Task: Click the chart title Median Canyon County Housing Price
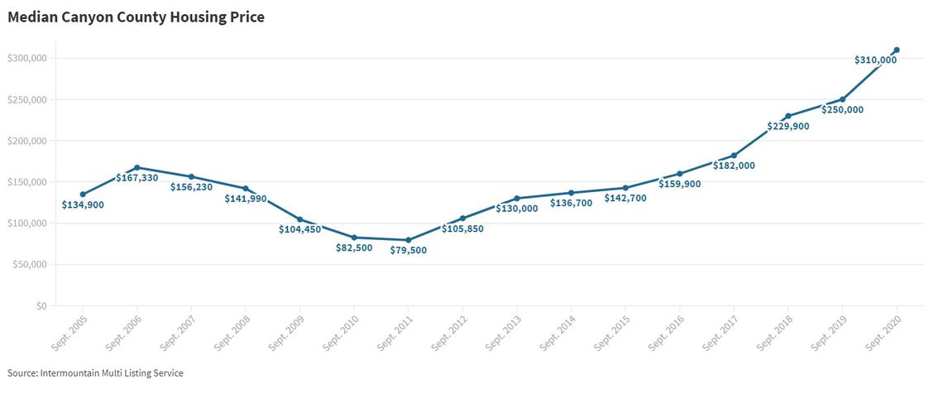click(x=136, y=17)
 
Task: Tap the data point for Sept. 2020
click(x=897, y=50)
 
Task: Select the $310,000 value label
click(x=875, y=60)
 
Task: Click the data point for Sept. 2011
click(x=409, y=240)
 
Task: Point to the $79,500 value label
click(x=409, y=250)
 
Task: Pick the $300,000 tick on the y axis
click(x=26, y=58)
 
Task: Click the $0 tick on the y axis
click(x=41, y=305)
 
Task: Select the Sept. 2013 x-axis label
click(x=504, y=331)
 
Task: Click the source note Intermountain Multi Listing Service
click(x=95, y=373)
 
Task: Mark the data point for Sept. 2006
click(x=137, y=168)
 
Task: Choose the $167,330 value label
click(x=137, y=178)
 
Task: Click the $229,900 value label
click(x=788, y=127)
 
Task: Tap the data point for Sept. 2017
click(x=734, y=156)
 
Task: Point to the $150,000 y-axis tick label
click(x=26, y=182)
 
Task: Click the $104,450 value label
click(x=300, y=229)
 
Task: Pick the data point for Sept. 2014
click(x=572, y=193)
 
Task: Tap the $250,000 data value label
click(x=843, y=110)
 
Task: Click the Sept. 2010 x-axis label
click(x=341, y=331)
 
